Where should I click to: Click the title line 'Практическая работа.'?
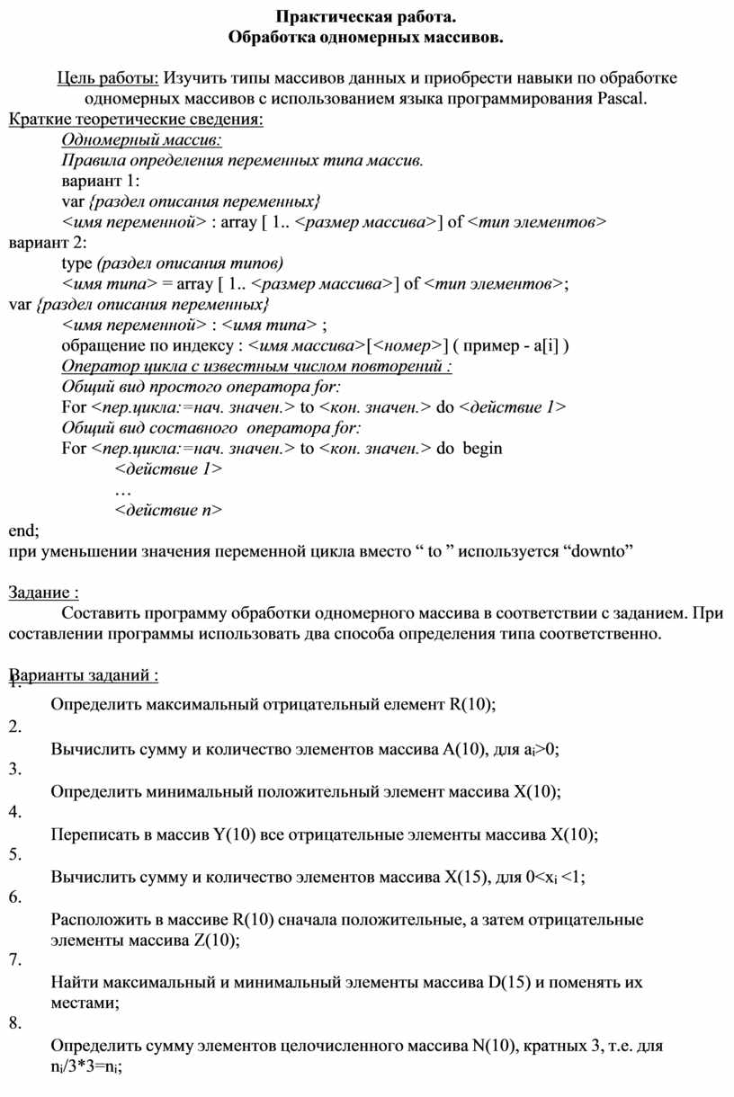click(x=366, y=17)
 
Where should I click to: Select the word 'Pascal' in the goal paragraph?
click(x=621, y=98)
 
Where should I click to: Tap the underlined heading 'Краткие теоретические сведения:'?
click(x=136, y=120)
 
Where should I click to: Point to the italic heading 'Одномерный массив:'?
click(x=141, y=140)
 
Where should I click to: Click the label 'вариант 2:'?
click(x=49, y=242)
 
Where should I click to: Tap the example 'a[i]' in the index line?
click(x=547, y=345)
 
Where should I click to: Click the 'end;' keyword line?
click(x=24, y=531)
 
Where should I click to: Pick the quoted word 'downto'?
click(x=603, y=551)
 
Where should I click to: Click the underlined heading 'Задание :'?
click(x=43, y=593)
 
